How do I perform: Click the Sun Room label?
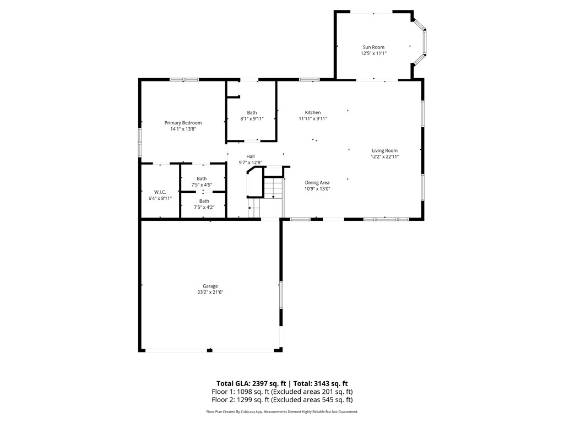(373, 47)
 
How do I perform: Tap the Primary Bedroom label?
(183, 123)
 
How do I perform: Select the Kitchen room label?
(313, 112)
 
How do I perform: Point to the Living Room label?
(384, 150)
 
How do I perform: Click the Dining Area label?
(317, 182)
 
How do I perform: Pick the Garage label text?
(210, 286)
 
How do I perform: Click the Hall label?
(251, 156)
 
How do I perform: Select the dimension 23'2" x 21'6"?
(210, 292)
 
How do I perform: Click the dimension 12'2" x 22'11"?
(384, 156)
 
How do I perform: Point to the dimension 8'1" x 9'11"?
(252, 119)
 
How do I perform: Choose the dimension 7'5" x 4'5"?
(202, 185)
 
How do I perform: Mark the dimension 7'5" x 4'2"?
(204, 208)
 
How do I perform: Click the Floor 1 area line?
(282, 392)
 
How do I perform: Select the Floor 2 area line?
(282, 400)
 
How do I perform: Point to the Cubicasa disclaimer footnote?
(282, 411)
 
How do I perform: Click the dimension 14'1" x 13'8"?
(183, 129)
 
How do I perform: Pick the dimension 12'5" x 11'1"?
(373, 53)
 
